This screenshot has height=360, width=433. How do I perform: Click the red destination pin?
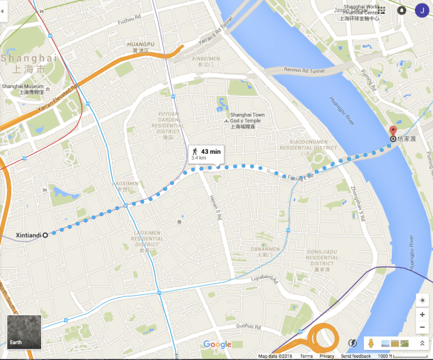[x=392, y=131]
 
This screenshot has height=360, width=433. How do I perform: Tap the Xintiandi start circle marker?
[x=45, y=236]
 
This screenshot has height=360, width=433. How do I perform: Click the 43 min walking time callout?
[x=204, y=154]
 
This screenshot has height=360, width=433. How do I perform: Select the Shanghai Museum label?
[x=22, y=89]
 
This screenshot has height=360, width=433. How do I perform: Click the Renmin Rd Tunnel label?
[x=304, y=69]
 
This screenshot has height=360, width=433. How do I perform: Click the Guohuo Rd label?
[x=249, y=325]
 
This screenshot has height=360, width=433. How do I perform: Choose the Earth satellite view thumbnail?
[x=23, y=333]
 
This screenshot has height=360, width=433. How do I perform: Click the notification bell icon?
[x=402, y=10]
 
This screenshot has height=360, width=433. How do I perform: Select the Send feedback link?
[x=356, y=357]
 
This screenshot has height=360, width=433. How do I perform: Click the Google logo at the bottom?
[x=217, y=344]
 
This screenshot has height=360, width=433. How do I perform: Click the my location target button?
[x=421, y=300]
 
